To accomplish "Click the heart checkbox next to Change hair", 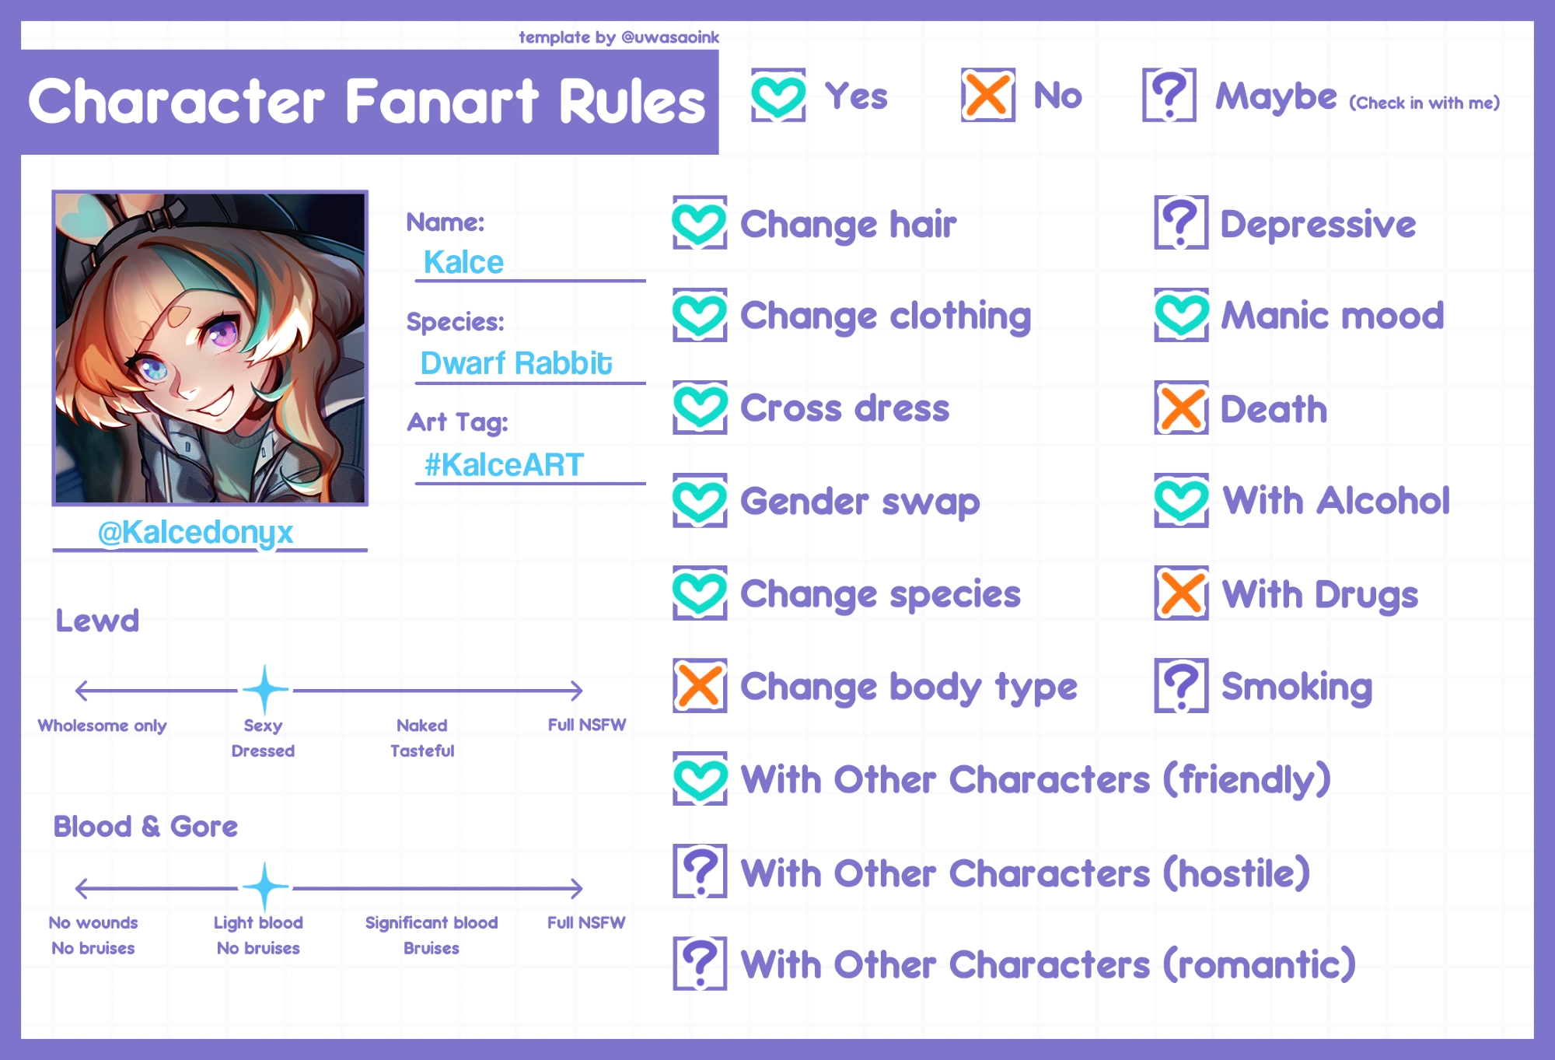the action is coord(700,223).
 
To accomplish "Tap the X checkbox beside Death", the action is coord(1181,408).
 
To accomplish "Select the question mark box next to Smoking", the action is coord(1181,686).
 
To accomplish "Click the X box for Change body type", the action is coord(700,686).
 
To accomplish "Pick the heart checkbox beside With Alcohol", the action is coord(1181,501).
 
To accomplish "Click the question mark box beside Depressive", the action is coord(1181,223).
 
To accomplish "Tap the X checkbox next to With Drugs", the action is coord(1181,593).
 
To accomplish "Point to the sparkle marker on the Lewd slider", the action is coord(265,690).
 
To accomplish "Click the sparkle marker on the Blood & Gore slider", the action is coord(265,887).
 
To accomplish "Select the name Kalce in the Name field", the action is coord(463,262).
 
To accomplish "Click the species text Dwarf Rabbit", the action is coord(516,363).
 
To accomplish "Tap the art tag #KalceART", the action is coord(504,465).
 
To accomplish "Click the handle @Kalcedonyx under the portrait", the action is coord(195,533).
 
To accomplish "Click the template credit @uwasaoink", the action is coord(670,37).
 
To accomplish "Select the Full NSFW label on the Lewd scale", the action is coord(587,725).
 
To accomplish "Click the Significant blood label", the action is coord(432,923).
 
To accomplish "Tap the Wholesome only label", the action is coord(102,726).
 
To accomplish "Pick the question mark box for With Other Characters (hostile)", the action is coord(700,871).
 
